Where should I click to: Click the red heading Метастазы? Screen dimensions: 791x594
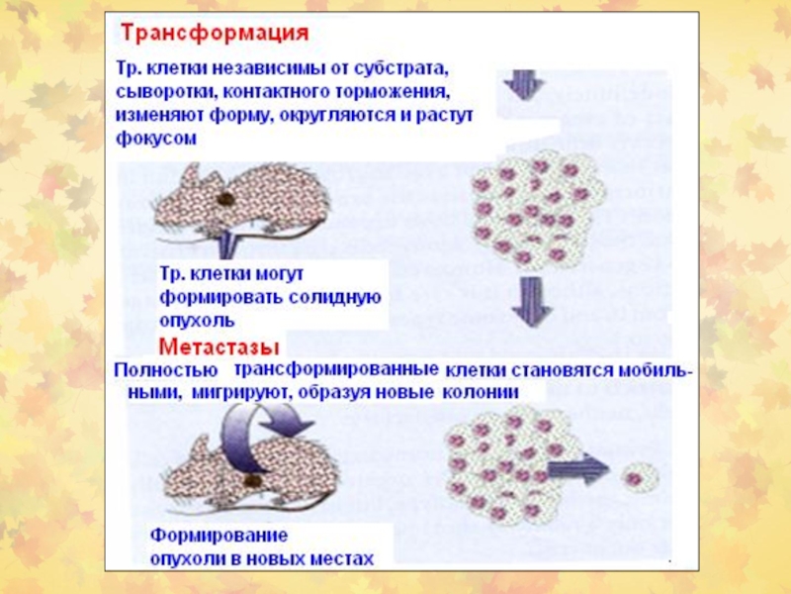coord(219,346)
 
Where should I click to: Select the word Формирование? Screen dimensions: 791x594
coord(219,537)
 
